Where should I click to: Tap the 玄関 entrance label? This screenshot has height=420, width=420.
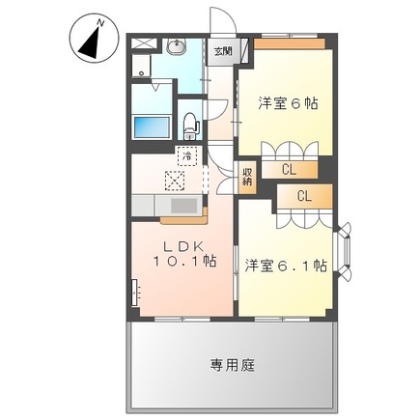[x=223, y=51]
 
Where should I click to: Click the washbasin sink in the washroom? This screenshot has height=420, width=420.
[x=178, y=47]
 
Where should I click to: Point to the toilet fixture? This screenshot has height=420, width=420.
[x=191, y=124]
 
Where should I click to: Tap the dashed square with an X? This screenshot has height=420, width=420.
[x=175, y=179]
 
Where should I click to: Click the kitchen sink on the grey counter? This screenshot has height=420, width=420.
[x=182, y=205]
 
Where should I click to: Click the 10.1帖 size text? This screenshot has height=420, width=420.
[x=182, y=263]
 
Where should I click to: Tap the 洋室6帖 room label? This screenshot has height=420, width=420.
[x=288, y=101]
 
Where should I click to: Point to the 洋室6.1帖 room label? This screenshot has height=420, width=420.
[x=285, y=264]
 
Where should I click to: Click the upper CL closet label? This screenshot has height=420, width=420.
[x=289, y=169]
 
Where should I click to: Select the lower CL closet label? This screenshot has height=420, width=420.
[x=304, y=196]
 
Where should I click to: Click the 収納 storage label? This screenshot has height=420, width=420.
[x=247, y=176]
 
